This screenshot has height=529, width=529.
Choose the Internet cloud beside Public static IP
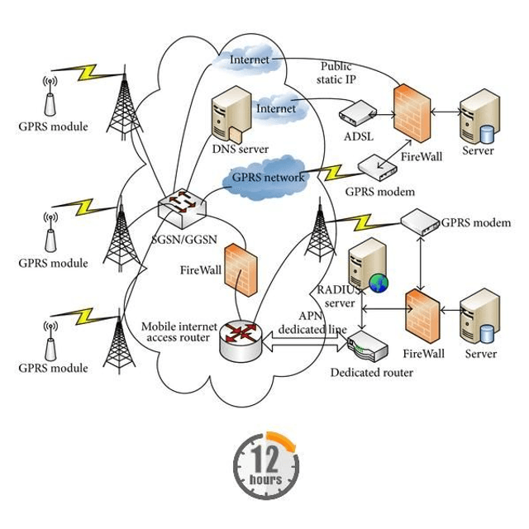point(248,60)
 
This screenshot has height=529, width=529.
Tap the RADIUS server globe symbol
point(379,284)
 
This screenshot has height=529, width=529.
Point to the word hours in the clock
point(265,479)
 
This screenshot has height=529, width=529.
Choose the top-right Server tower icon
point(479,117)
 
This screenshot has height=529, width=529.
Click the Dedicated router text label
point(372,373)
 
